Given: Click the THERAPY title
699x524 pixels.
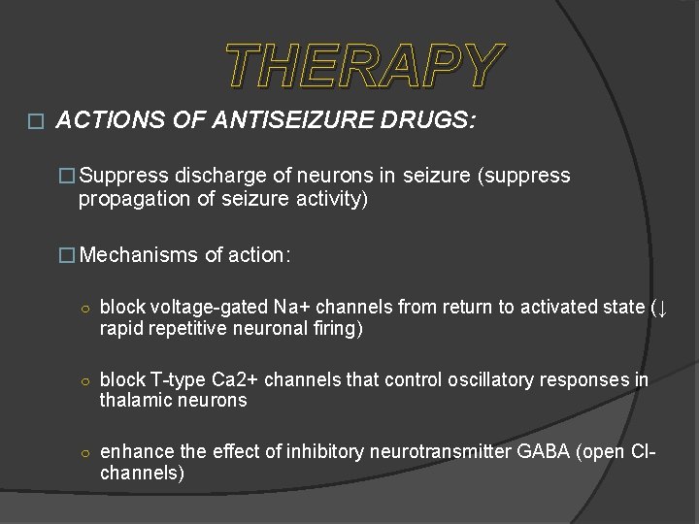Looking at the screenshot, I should coord(364,66).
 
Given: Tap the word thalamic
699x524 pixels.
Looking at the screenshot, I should coord(136,401).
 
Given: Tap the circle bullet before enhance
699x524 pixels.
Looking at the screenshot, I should coord(85,452).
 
